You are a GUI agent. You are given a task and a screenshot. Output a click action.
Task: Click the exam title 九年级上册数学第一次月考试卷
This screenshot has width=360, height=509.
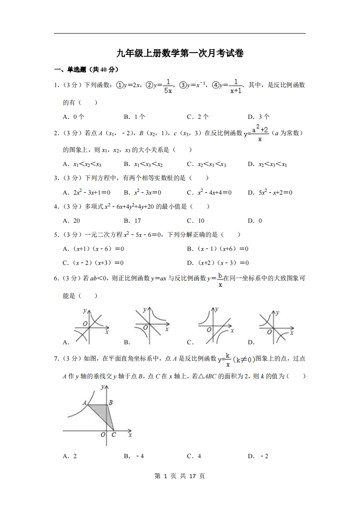[x=180, y=54]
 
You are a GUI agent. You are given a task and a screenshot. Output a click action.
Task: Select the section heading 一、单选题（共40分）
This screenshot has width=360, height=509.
[x=86, y=69]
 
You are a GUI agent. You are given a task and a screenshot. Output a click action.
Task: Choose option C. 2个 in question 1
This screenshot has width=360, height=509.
[x=197, y=117]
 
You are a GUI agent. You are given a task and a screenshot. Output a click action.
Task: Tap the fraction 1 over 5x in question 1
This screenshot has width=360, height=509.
[x=168, y=86]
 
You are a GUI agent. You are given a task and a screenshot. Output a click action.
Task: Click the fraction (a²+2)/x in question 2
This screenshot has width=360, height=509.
[x=260, y=133]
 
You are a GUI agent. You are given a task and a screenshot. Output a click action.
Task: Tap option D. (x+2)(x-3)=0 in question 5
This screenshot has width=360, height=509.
[x=217, y=263]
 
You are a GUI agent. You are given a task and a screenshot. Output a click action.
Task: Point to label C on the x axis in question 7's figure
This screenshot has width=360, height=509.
[x=113, y=435]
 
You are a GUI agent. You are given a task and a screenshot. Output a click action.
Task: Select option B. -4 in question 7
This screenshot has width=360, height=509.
[x=134, y=456]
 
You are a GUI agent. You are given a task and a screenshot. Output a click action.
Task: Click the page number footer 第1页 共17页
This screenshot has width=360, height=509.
[x=180, y=476]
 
